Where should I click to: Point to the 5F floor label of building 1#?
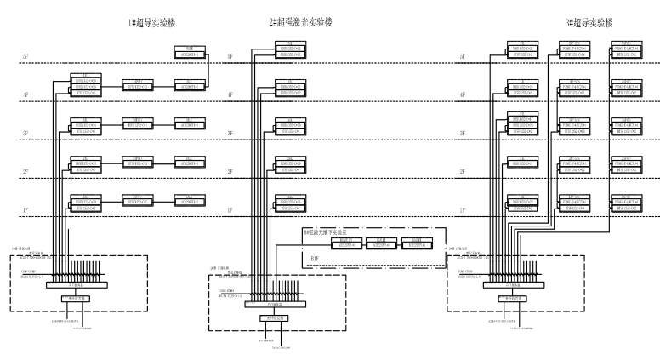26,57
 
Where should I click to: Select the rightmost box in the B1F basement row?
414,245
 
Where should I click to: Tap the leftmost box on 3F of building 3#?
522,123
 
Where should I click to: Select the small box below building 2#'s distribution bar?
274,318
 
